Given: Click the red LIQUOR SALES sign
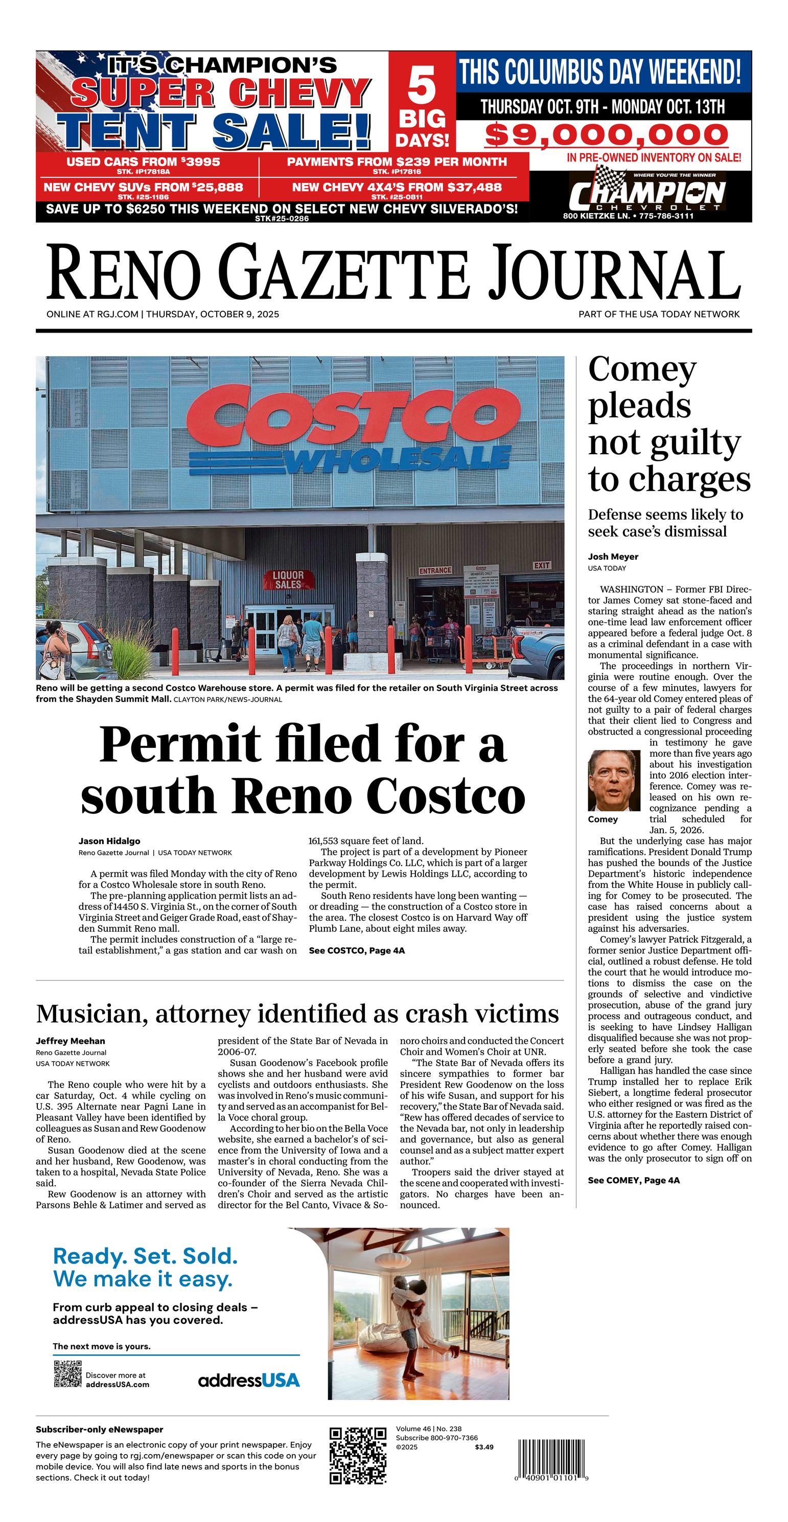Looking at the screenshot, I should coord(288,579).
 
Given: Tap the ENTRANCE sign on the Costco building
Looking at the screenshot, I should coord(435,570).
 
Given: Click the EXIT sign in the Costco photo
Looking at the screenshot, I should coord(542,565).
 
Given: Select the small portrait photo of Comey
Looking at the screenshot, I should coord(614,780).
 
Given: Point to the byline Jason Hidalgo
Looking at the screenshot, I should coord(109,841).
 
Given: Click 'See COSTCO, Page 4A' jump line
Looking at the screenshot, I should coord(357,950).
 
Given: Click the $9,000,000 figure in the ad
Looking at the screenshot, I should coord(606,135).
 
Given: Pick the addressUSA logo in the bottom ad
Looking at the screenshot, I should coord(249,1380).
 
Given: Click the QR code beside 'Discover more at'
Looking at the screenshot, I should coord(67,1373).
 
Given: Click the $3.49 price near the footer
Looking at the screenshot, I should coord(483,1447).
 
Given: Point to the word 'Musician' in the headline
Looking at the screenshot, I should coord(90,1013).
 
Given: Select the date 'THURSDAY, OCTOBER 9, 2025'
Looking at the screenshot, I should coord(212,314).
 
